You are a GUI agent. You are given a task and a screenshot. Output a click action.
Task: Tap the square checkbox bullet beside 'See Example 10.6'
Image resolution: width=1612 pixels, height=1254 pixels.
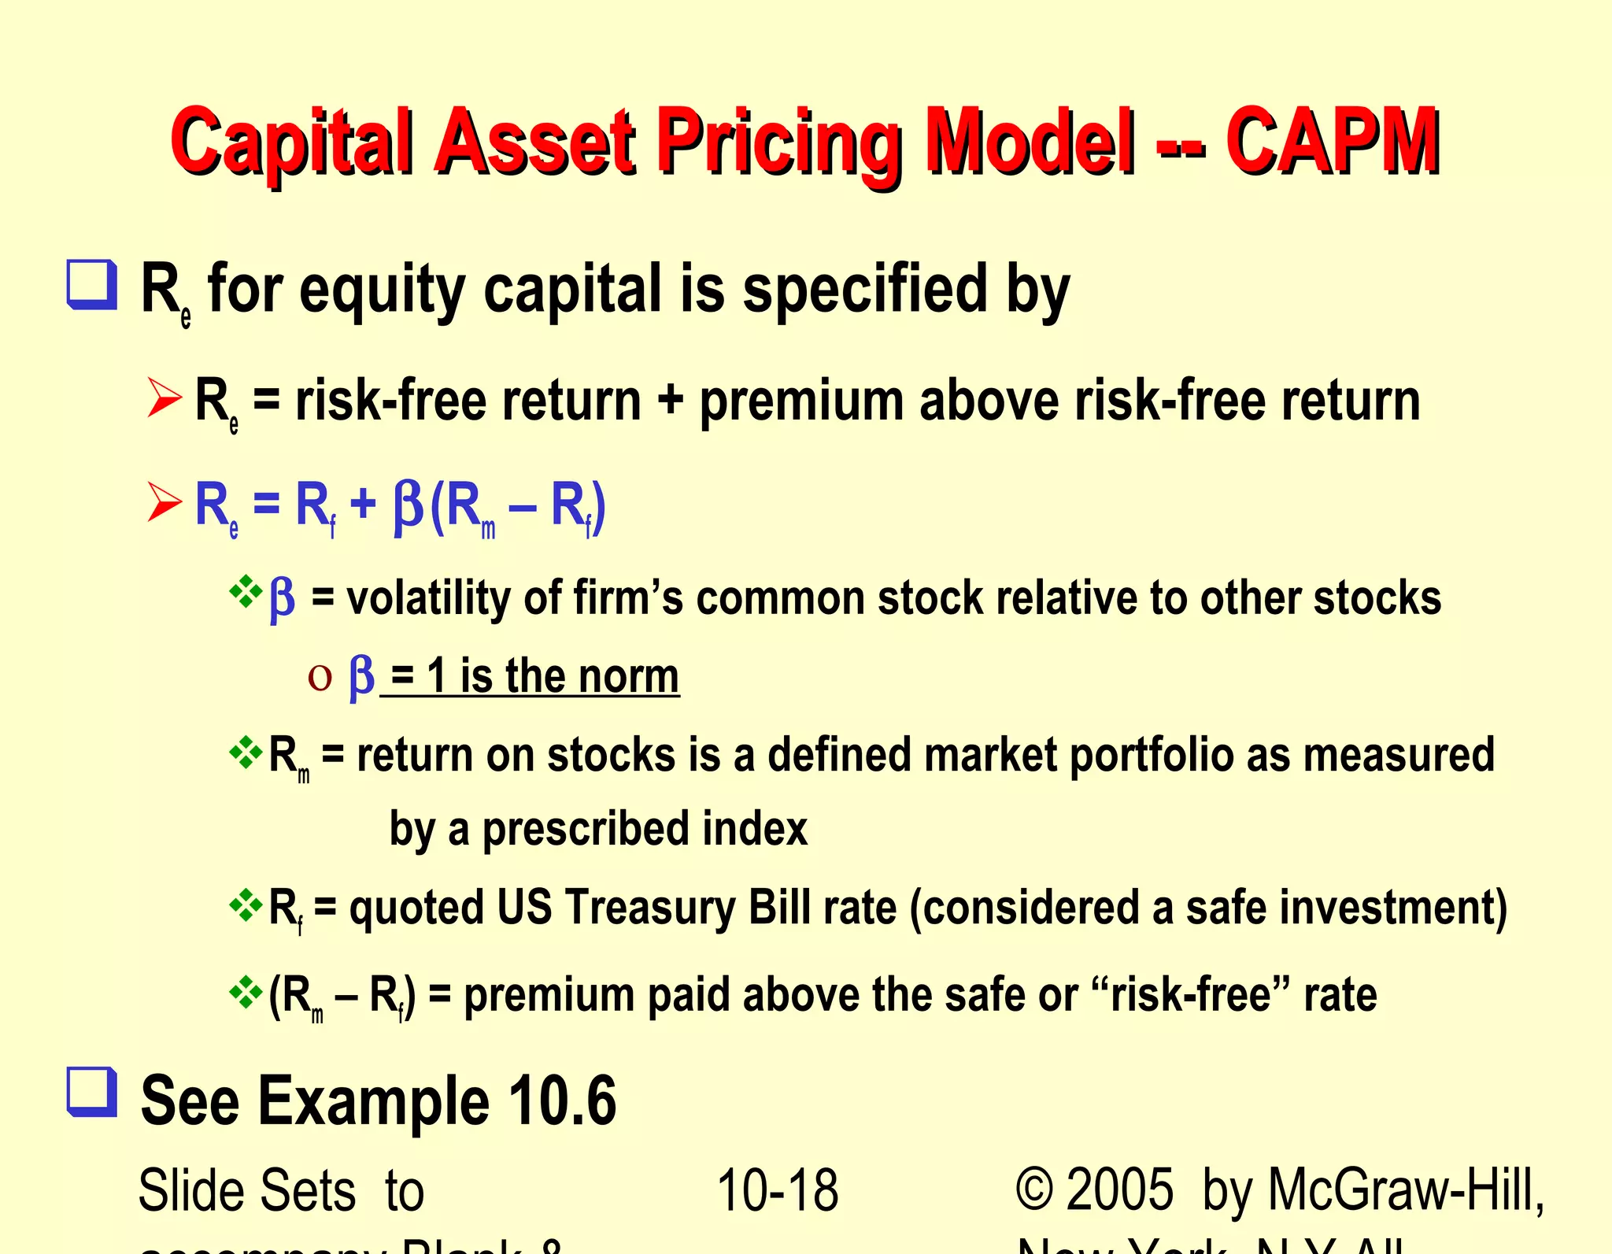coord(92,1092)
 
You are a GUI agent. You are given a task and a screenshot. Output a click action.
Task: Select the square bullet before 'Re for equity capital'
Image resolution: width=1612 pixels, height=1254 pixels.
coord(92,284)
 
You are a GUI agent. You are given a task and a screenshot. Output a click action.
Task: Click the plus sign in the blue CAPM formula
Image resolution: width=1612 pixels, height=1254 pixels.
coord(363,504)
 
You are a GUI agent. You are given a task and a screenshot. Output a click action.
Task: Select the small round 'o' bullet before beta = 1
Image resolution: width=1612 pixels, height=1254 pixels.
coord(320,677)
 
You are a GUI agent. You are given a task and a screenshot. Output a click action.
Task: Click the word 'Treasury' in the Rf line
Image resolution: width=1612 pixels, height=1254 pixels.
coord(649,908)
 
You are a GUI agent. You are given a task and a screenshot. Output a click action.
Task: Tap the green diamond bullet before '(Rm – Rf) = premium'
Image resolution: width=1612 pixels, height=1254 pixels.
coord(246,992)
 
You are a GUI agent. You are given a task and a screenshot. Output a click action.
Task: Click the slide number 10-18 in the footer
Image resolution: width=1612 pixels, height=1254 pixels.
coord(778,1190)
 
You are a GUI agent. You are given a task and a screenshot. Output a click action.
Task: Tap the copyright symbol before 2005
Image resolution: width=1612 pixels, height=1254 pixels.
coord(1034,1189)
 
